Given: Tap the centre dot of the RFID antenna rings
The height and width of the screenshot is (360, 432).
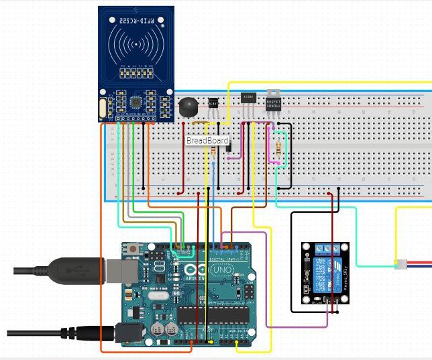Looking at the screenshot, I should [137, 46].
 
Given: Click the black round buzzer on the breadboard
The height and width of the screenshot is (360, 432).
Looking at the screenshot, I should [186, 106].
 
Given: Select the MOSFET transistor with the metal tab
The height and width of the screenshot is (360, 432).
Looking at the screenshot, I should [274, 101].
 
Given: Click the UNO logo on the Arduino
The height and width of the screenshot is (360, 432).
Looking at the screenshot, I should [221, 269].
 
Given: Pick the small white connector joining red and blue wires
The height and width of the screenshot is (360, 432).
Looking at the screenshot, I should [400, 263].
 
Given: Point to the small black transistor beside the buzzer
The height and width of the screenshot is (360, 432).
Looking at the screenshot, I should [213, 105].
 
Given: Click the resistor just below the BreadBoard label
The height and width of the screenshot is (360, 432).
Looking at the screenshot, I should [213, 152].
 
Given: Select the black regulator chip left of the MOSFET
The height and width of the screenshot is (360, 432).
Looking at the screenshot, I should [248, 99].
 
